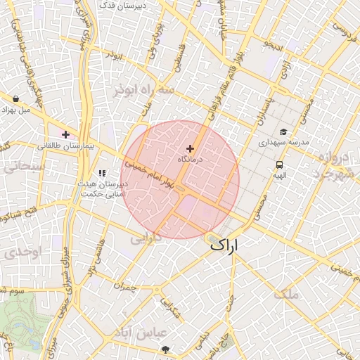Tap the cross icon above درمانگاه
point(190,148)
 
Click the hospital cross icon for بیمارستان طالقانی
point(65,134)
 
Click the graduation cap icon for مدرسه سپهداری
point(283,131)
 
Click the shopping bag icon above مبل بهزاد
point(15,99)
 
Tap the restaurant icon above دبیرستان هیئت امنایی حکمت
point(102,173)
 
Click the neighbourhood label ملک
point(288,294)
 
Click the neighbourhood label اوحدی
point(15,252)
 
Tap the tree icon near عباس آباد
point(165,349)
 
